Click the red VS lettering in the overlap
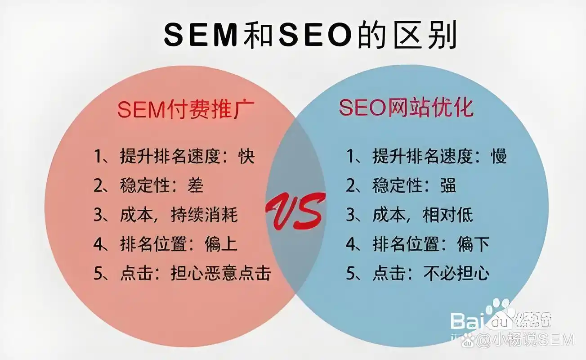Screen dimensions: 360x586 (295, 212)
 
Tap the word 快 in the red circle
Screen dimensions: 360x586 (247, 156)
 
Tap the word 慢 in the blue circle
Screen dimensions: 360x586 (499, 156)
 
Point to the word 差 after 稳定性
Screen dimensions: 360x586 (195, 185)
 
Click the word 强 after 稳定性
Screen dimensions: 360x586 (447, 185)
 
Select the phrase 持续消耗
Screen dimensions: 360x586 (204, 215)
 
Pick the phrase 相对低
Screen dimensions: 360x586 (448, 215)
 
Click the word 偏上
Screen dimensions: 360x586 (221, 244)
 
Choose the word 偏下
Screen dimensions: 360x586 (473, 244)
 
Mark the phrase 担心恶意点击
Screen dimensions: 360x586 (221, 273)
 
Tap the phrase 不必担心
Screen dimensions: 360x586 (456, 273)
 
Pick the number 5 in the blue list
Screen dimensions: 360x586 (351, 274)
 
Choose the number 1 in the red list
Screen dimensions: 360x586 (98, 157)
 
